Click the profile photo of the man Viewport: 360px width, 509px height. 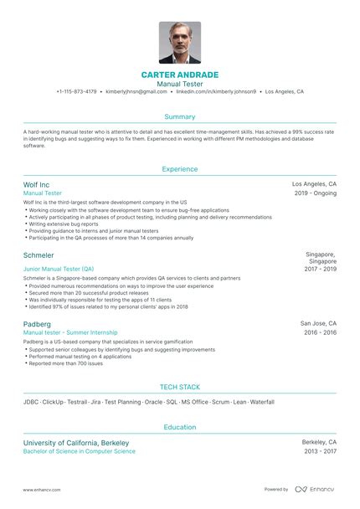[x=180, y=43]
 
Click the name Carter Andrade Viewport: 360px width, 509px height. [x=180, y=75]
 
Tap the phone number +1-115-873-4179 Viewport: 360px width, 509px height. [x=76, y=91]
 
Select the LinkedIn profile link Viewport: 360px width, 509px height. [x=217, y=91]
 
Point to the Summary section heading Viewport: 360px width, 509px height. [x=180, y=117]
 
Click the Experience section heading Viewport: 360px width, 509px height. [x=180, y=169]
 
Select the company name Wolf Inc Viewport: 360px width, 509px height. [x=37, y=184]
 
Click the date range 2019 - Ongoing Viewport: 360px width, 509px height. [x=316, y=193]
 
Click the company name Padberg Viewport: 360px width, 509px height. [x=39, y=323]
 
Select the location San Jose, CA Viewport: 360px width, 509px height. [x=318, y=322]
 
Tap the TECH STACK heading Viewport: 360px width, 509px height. [x=180, y=387]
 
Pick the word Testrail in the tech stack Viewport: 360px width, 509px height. [x=78, y=402]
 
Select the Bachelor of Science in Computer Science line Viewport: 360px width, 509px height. [x=80, y=451]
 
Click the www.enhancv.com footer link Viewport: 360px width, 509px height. [x=39, y=489]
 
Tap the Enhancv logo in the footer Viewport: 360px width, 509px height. [x=314, y=489]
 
